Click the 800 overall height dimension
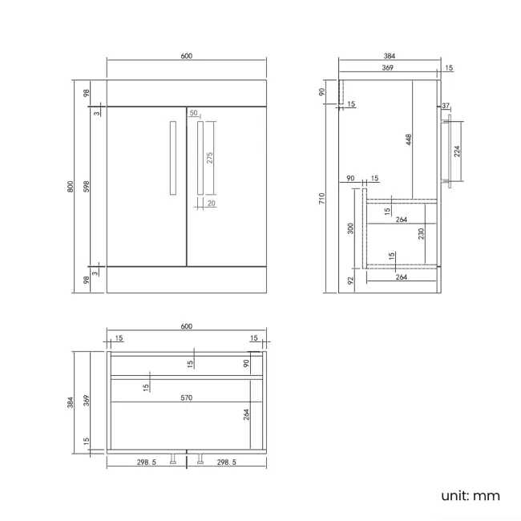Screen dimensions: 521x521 (70, 187)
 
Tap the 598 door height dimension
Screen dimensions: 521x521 (87, 187)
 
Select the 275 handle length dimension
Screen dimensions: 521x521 (210, 158)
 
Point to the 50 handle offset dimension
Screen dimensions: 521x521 (193, 113)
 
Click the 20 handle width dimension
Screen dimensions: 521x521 (212, 203)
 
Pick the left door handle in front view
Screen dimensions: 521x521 (173, 158)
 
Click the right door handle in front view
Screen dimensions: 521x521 (200, 158)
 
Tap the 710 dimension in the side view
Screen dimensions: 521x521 (321, 198)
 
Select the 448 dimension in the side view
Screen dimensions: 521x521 (409, 139)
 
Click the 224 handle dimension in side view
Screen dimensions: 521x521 (457, 151)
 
